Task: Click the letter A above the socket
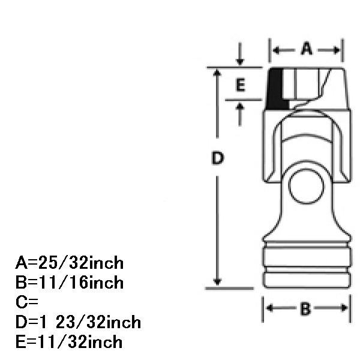pos(307,49)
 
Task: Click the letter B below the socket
pos(305,309)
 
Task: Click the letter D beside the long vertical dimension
pos(217,158)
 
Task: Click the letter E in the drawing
pos(241,85)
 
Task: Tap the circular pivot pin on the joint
pos(306,186)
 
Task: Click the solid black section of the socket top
pos(276,89)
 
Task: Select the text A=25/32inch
pos(70,263)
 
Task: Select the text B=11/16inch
pos(70,282)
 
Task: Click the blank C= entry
pos(27,302)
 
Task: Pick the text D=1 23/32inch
pos(78,322)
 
